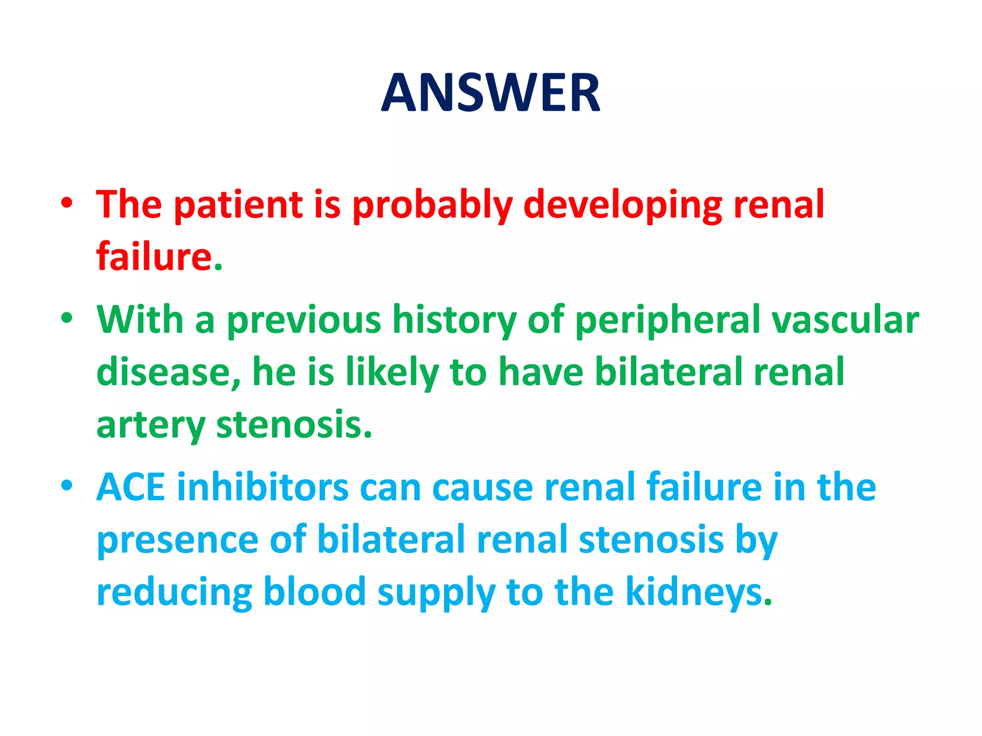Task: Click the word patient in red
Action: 238,204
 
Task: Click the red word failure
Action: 154,256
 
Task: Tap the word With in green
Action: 140,319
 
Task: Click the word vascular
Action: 845,320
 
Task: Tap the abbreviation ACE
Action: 130,487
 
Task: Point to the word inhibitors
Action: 263,487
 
